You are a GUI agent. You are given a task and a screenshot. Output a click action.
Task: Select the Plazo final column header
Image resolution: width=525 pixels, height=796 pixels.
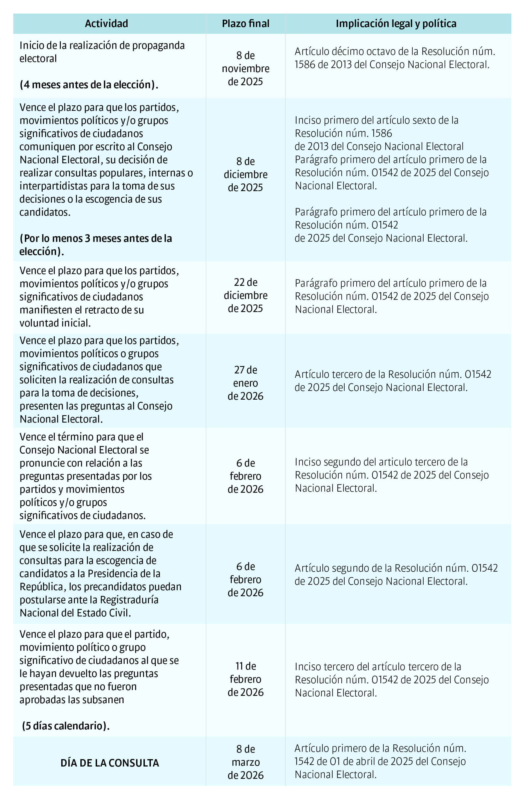(x=245, y=23)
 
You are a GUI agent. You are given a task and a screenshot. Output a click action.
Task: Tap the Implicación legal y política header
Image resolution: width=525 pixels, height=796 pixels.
(x=396, y=23)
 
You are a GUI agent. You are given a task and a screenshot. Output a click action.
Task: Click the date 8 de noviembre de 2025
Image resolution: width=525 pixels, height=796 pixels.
(x=245, y=69)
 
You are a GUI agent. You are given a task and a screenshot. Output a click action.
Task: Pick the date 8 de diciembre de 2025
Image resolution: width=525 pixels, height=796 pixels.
(x=245, y=174)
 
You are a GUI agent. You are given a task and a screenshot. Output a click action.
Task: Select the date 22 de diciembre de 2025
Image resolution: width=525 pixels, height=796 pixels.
(x=245, y=295)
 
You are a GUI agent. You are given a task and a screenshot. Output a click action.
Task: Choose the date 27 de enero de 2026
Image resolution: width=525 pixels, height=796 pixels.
(x=245, y=383)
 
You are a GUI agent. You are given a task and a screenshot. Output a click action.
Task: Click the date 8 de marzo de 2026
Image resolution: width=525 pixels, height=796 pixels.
(x=245, y=762)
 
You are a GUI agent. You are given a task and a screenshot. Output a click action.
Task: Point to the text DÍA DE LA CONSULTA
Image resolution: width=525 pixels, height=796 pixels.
(x=110, y=763)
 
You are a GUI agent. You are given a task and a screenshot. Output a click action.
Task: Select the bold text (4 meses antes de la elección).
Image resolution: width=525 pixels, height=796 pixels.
(x=89, y=85)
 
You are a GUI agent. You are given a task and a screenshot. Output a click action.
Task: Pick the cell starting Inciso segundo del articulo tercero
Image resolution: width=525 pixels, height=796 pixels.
(x=391, y=475)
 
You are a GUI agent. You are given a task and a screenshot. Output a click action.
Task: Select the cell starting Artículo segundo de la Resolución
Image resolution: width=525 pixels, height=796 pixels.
(x=396, y=574)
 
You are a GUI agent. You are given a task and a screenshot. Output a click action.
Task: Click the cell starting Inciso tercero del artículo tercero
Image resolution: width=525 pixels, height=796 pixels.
(x=391, y=680)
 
